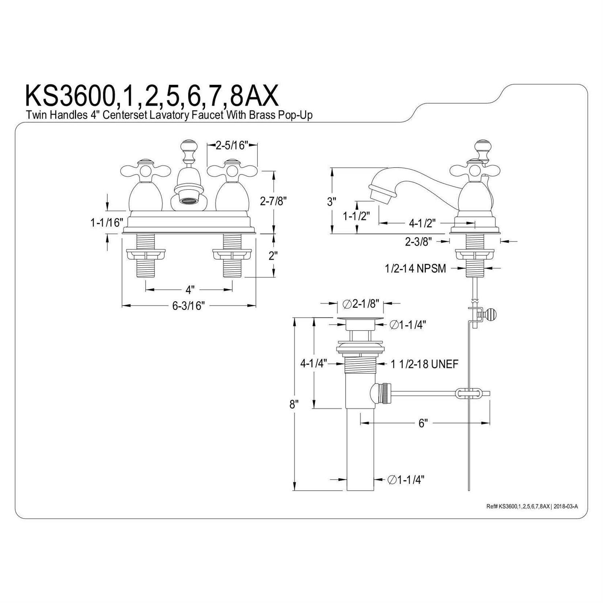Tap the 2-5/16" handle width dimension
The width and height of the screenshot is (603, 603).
click(x=231, y=145)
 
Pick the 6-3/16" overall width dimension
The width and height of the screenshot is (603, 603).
click(x=189, y=306)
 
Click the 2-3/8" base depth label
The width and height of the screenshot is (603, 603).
click(x=418, y=241)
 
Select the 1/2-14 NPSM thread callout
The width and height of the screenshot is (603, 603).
click(x=415, y=268)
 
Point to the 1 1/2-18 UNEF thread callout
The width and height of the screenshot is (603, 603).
click(x=424, y=364)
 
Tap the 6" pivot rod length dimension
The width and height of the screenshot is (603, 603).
click(x=422, y=423)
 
